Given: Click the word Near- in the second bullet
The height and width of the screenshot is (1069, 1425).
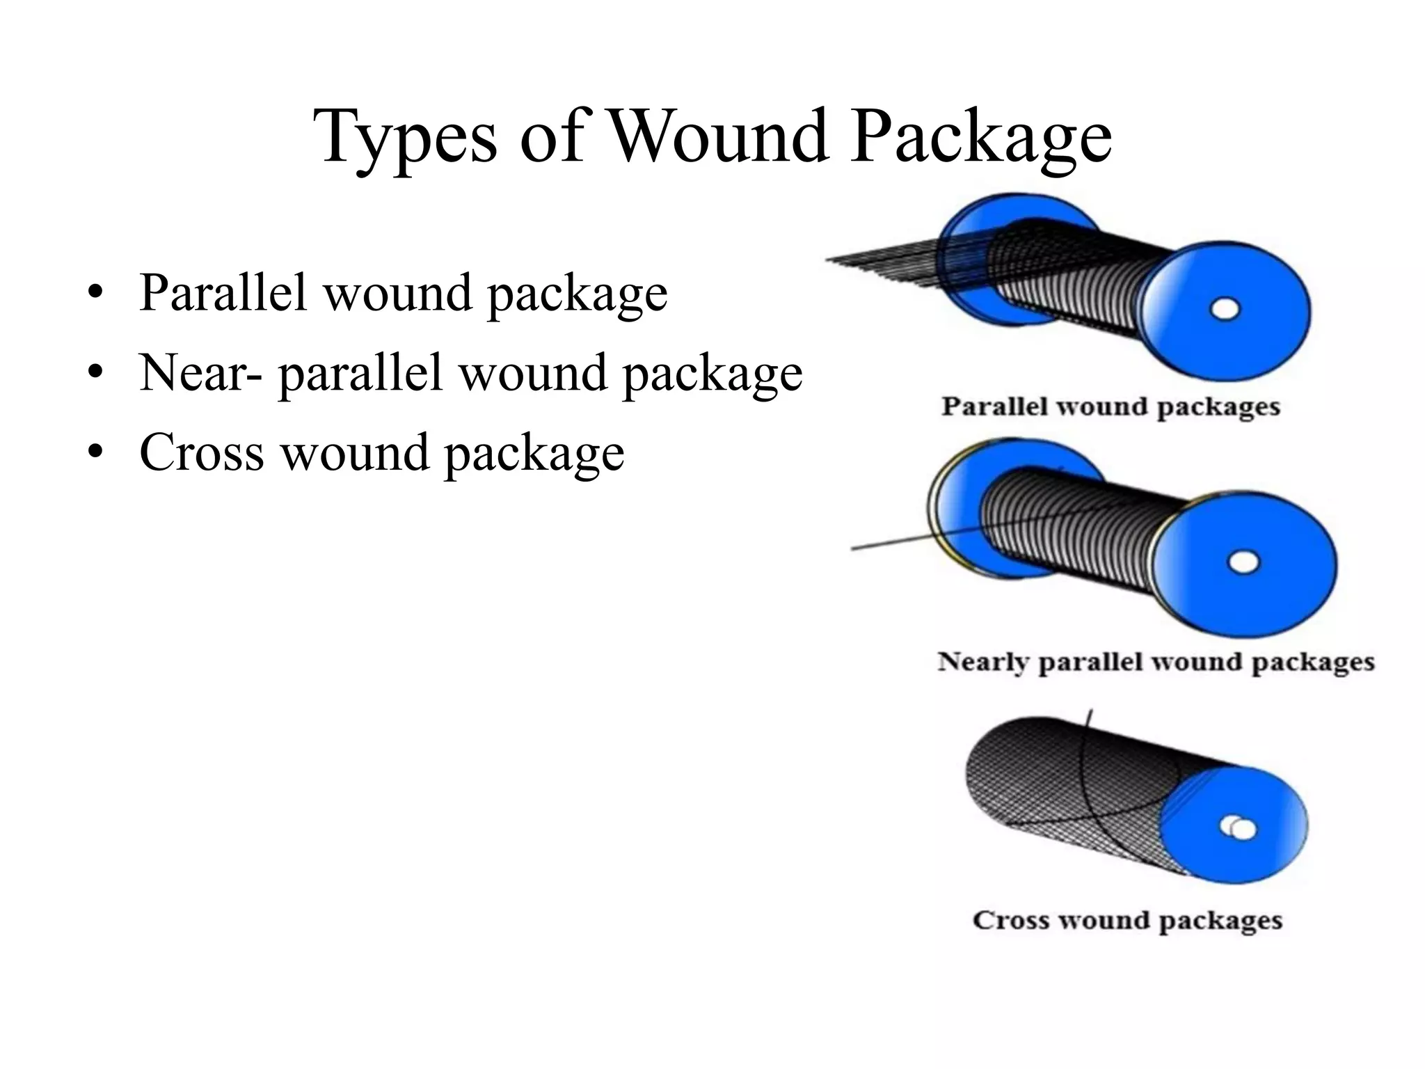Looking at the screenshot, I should (x=201, y=372).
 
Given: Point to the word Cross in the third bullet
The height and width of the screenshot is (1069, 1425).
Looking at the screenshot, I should (x=202, y=452).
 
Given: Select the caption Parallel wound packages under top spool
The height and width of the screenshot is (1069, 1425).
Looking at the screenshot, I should (x=1110, y=406).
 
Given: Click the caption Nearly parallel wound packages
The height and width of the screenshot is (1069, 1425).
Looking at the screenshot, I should (x=1156, y=661).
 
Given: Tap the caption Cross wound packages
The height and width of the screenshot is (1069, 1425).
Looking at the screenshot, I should (x=1127, y=920).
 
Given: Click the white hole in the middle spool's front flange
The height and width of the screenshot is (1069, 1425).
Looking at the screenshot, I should (x=1243, y=562).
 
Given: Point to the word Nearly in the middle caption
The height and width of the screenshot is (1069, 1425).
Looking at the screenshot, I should (x=982, y=661).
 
